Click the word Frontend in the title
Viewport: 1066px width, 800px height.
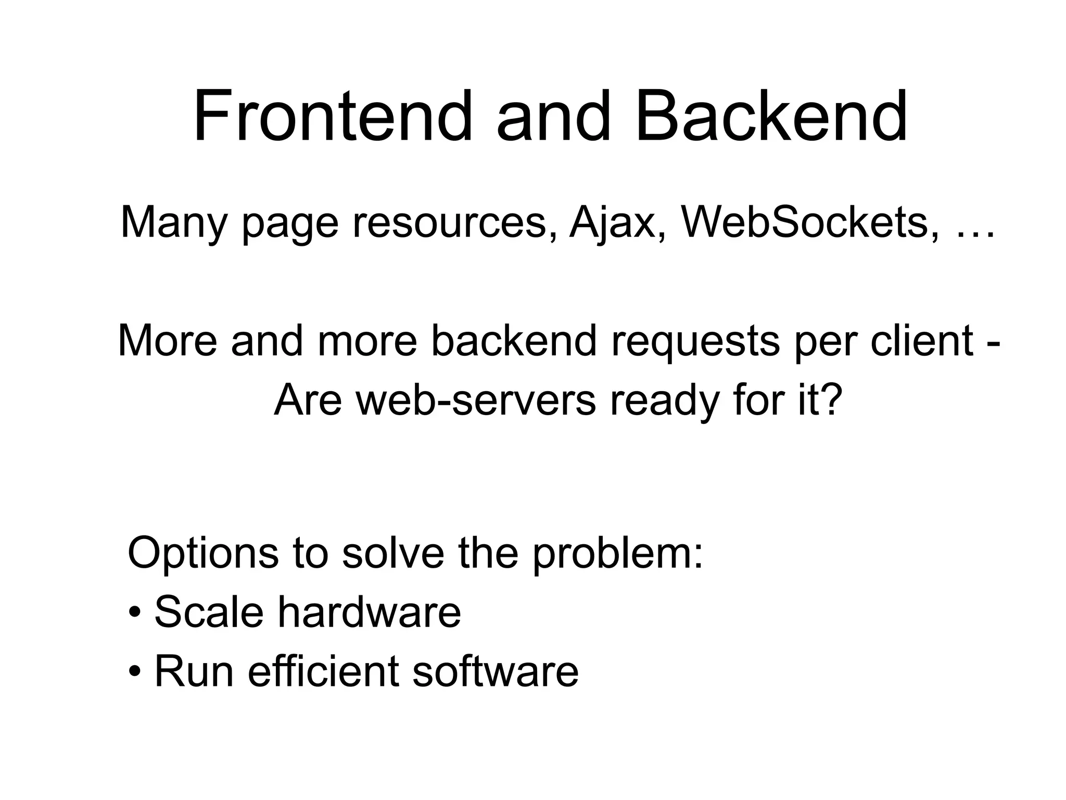[332, 116]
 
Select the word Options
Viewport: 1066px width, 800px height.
[202, 553]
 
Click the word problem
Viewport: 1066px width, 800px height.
[617, 553]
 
